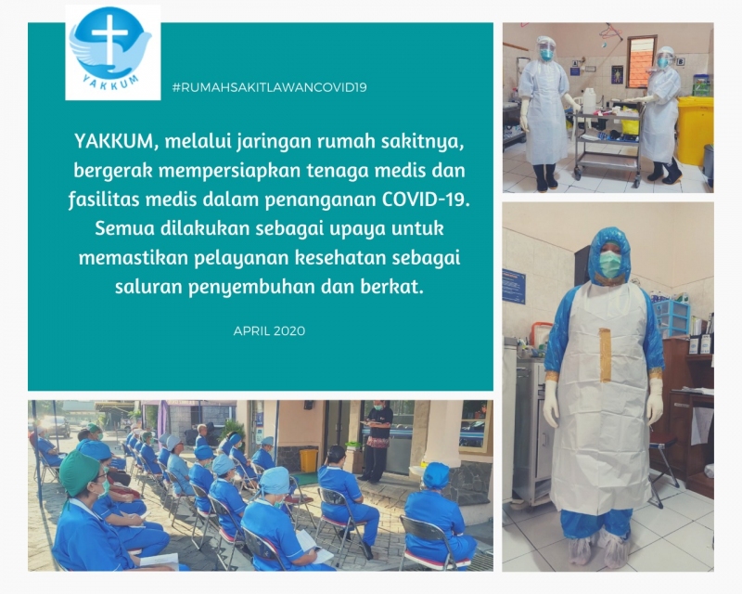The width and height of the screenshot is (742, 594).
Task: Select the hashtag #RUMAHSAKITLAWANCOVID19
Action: [270, 87]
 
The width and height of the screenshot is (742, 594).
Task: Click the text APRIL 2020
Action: [269, 330]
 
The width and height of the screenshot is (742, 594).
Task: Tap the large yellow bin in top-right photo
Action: [694, 130]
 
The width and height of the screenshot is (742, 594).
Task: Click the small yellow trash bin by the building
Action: [309, 460]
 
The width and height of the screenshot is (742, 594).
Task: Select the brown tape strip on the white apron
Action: [606, 355]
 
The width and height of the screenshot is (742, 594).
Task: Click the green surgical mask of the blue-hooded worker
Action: [610, 264]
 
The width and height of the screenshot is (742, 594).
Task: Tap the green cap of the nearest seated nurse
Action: [79, 472]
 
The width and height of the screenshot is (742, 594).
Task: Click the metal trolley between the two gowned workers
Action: [608, 140]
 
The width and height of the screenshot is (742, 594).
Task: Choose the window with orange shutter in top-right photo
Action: [642, 61]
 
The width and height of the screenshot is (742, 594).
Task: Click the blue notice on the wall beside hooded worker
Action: [514, 286]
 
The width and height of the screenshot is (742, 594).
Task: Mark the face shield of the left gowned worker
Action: [546, 49]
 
